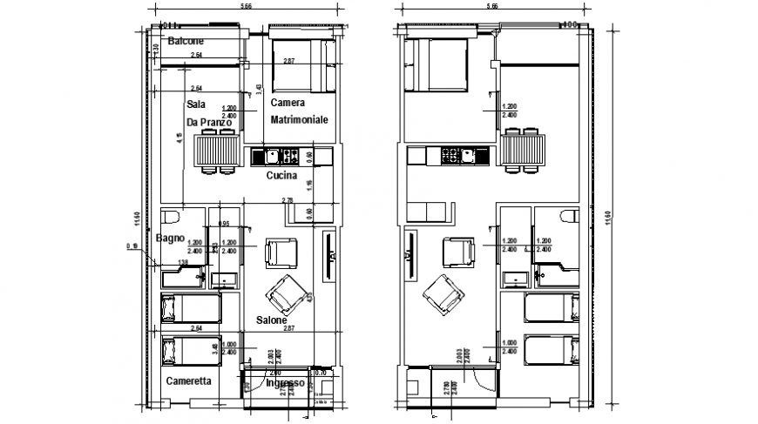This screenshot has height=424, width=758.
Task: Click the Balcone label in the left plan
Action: coord(186,42)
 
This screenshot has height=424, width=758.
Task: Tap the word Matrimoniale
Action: coord(299,119)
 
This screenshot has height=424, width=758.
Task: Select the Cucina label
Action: coord(281,176)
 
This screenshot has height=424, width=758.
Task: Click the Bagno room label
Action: coord(170,238)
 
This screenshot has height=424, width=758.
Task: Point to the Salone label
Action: coord(273,320)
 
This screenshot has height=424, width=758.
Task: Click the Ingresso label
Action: coord(284,383)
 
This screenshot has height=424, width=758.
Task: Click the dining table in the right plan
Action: coord(523,150)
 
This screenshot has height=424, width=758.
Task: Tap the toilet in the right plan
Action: coord(568,218)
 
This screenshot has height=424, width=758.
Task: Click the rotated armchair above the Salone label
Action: coord(285,293)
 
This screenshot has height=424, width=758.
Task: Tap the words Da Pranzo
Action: coord(209,123)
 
